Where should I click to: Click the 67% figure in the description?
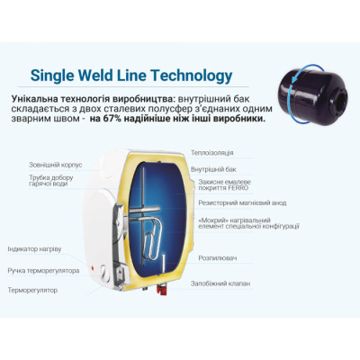click(x=112, y=119)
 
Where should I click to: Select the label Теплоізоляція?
click(x=212, y=153)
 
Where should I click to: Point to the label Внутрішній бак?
click(x=213, y=169)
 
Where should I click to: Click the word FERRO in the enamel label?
click(x=238, y=188)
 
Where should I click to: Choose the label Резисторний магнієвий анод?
click(x=242, y=203)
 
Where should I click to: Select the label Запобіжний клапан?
click(x=220, y=283)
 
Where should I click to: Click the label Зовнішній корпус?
click(x=56, y=165)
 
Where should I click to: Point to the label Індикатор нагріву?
click(x=34, y=249)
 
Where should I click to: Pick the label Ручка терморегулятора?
click(x=43, y=271)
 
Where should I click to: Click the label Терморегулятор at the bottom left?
click(x=32, y=291)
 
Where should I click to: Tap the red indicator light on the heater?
click(x=91, y=267)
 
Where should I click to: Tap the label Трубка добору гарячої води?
click(x=51, y=181)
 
